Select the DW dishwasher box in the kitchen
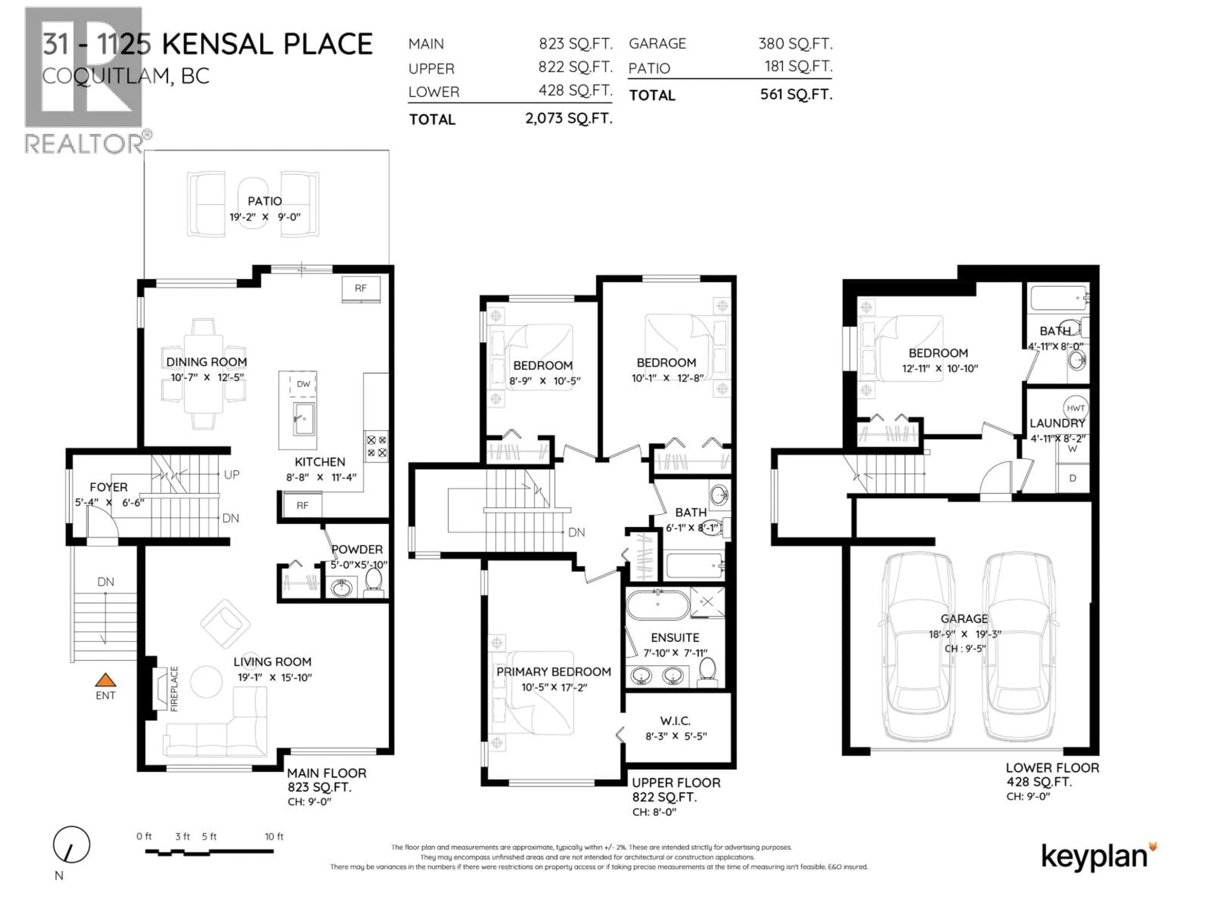(x=303, y=384)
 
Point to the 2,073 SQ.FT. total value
(x=568, y=118)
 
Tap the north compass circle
(x=71, y=845)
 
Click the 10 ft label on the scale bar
(x=274, y=836)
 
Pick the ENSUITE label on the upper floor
(x=675, y=637)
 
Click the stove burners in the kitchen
(x=376, y=446)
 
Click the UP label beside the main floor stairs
(x=231, y=475)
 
